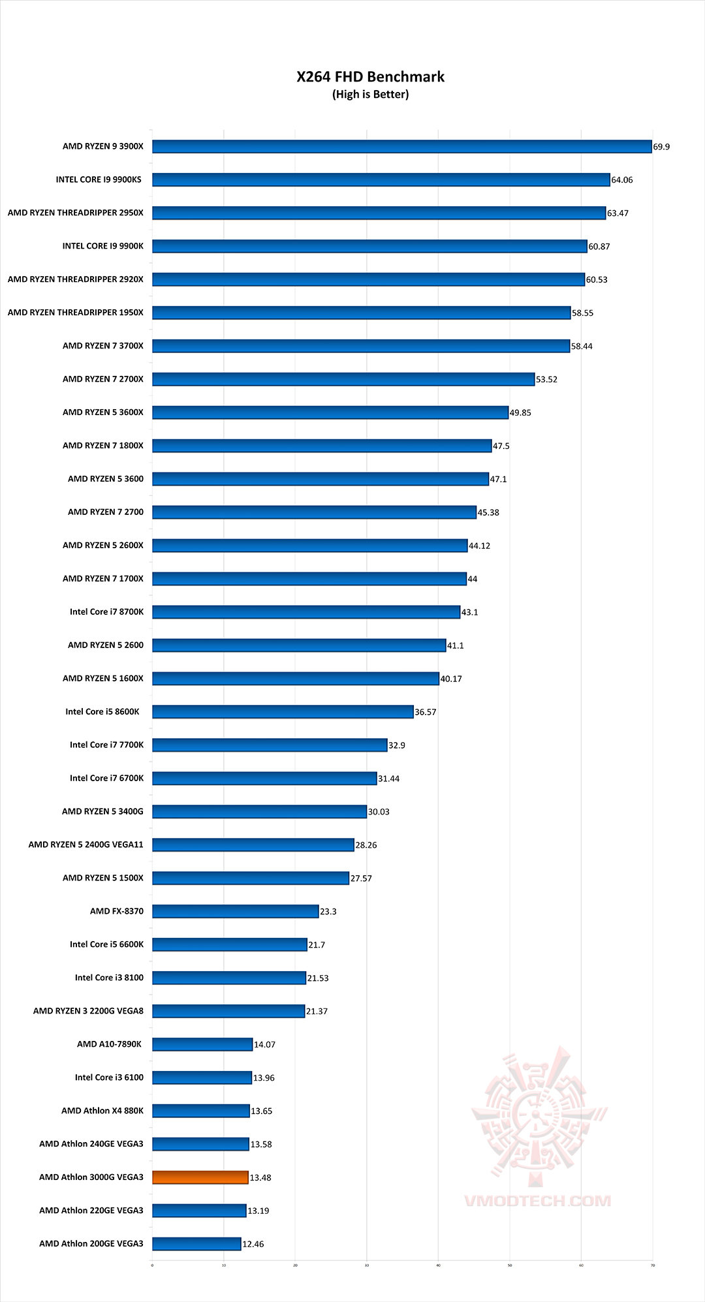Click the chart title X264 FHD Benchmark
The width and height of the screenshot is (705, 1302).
(370, 77)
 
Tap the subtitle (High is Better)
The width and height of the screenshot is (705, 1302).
(370, 95)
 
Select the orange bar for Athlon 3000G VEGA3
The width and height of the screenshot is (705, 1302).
(200, 1177)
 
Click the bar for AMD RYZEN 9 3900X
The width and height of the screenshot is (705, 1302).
(401, 146)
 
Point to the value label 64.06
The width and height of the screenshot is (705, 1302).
(622, 180)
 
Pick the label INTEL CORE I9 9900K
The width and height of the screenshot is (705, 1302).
(102, 246)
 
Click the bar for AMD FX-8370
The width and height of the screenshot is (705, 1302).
(235, 911)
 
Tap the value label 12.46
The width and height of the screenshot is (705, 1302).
(253, 1245)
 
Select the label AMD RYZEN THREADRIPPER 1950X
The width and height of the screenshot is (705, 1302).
(76, 313)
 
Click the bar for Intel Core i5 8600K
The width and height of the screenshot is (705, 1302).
(283, 711)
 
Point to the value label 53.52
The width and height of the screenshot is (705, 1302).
(547, 380)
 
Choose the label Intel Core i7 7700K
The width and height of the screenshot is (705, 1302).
(106, 745)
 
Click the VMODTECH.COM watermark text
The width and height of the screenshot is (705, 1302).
(537, 1201)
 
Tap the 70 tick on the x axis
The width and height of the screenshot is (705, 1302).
(652, 1265)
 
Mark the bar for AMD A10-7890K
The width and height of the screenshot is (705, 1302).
(202, 1044)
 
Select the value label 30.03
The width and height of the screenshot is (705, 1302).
(379, 812)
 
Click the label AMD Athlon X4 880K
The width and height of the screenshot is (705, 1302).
(102, 1111)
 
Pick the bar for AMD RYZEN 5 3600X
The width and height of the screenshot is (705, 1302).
(330, 412)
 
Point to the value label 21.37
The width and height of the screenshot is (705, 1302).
(317, 1012)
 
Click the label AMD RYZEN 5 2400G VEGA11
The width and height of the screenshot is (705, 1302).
(86, 845)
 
